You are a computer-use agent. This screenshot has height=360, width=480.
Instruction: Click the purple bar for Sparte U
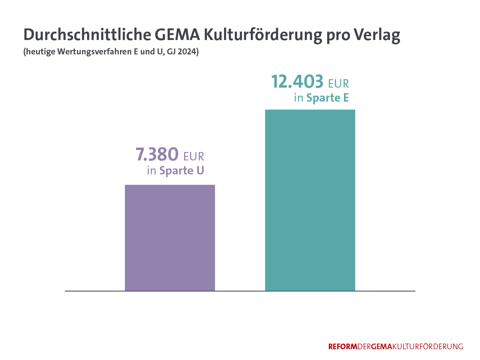point(170,238)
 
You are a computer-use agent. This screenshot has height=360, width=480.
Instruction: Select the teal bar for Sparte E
point(310,200)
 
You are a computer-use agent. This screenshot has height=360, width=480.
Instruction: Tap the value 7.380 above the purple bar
point(157,154)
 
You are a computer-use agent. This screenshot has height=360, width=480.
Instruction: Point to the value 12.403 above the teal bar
point(297,82)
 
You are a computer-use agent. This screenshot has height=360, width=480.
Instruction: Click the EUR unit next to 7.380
point(194,156)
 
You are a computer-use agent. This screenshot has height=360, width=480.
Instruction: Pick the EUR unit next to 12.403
point(338,84)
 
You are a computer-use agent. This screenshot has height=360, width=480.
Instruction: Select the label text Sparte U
point(182,171)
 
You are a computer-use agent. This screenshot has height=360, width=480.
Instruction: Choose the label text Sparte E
point(328,98)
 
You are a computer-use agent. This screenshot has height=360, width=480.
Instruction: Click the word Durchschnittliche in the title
point(86,35)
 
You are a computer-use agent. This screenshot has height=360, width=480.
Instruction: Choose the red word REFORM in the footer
point(342,347)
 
